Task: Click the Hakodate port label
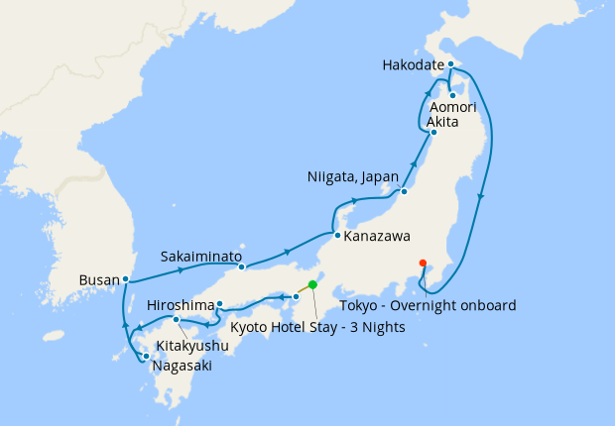pos(412,66)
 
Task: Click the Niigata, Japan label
pos(348,178)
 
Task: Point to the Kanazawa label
pos(377,237)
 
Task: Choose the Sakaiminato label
pos(202,256)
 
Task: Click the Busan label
pos(99,280)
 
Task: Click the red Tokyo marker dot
pos(424,263)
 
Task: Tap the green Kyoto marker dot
pos(312,284)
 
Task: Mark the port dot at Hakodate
pos(450,65)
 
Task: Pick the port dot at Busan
pos(126,279)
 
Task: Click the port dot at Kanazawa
pos(337,236)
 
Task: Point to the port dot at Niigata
pos(405,191)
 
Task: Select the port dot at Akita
pos(433,132)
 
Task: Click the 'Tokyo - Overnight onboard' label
pos(428,306)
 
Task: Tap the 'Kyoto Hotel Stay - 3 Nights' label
pos(317,327)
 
